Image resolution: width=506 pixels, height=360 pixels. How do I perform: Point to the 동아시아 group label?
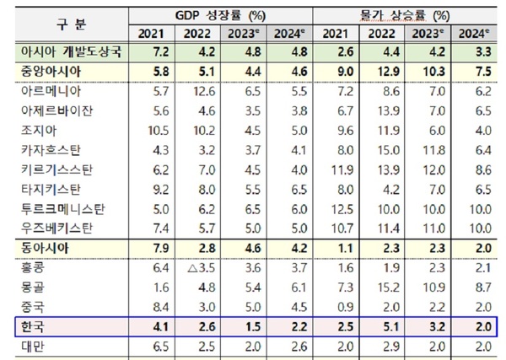(x=40, y=248)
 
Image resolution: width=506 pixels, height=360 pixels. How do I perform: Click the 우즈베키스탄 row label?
(x=57, y=228)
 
